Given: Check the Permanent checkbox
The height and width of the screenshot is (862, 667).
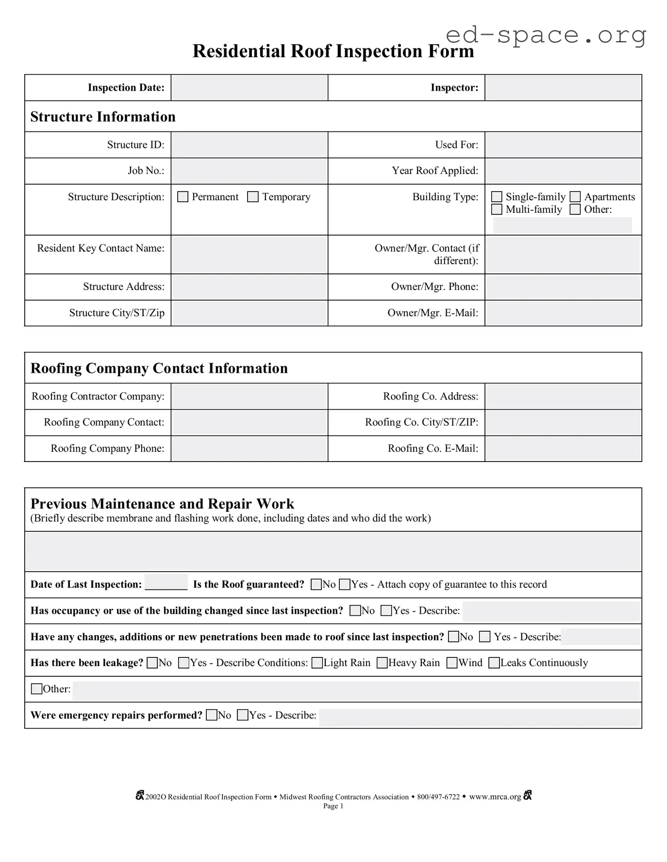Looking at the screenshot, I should (183, 197).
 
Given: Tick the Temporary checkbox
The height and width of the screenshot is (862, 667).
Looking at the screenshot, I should (253, 197).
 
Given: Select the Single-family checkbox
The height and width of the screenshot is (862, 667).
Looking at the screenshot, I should (497, 197).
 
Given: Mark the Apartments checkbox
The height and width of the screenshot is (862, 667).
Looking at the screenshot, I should (575, 197).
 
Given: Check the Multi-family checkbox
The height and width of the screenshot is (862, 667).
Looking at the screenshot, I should (497, 209).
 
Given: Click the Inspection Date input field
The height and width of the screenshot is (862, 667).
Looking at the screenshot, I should (249, 88).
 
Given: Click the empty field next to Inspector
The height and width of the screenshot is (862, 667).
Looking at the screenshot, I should (563, 88).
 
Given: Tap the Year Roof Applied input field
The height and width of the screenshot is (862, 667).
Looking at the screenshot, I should (563, 171).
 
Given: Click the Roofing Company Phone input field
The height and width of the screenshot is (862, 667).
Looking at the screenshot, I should (249, 449).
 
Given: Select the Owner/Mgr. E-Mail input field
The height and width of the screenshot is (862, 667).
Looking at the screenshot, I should (563, 313).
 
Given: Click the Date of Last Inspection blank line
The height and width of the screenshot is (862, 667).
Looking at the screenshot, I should (166, 583).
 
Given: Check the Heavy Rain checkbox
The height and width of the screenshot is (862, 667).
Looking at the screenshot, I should (383, 663).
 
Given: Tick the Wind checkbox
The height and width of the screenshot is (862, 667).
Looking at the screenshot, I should (452, 663).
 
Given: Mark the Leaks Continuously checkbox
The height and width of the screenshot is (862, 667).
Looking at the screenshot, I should (494, 663).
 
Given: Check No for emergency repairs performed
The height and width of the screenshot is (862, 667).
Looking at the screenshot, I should (212, 716).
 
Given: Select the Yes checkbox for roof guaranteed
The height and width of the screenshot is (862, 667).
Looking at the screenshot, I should (345, 585).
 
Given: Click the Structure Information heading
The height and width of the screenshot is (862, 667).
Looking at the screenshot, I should (103, 117).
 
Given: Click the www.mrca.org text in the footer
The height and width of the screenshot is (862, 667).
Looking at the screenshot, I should (495, 797).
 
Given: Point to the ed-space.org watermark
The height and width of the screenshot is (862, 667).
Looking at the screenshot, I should (546, 35).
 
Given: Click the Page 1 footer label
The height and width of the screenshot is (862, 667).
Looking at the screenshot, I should (333, 806).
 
